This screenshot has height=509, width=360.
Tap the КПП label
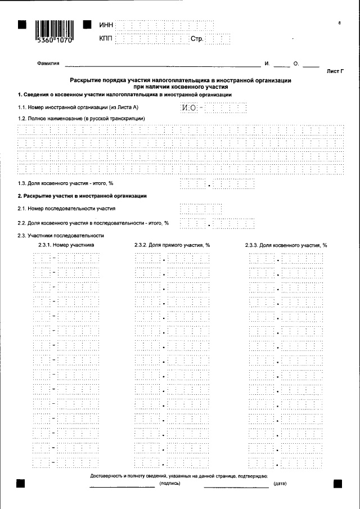pyautogui.click(x=105, y=39)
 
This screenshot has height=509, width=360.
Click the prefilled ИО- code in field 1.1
pyautogui.click(x=191, y=107)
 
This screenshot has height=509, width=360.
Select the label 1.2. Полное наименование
pyautogui.click(x=82, y=119)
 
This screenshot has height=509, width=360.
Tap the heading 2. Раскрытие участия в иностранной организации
pyautogui.click(x=82, y=196)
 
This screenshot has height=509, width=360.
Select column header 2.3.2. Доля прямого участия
pyautogui.click(x=172, y=245)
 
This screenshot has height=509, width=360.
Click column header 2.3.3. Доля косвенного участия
pyautogui.click(x=286, y=245)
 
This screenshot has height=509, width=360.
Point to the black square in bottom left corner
pyautogui.click(x=21, y=483)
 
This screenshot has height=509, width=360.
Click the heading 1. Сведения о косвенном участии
pyautogui.click(x=121, y=94)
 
